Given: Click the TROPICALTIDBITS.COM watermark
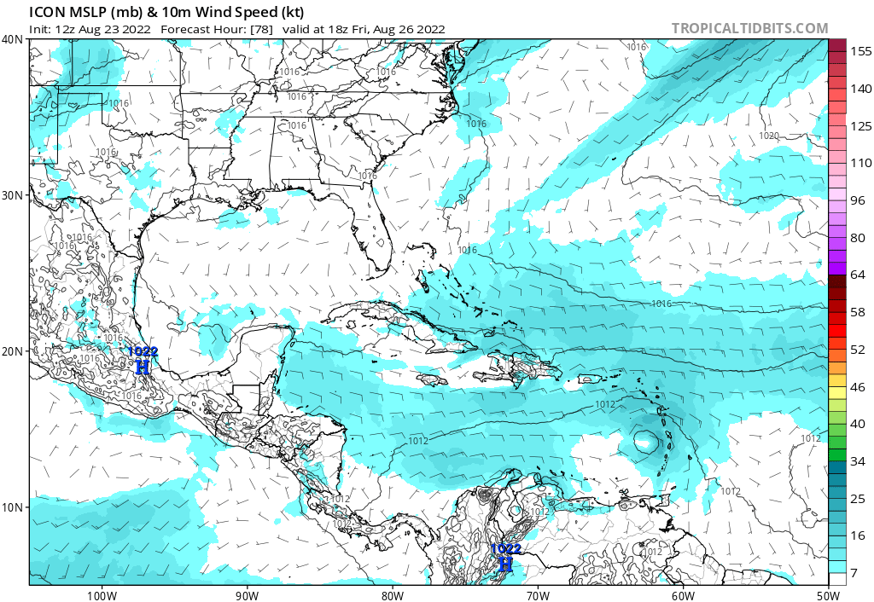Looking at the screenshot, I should [749, 28].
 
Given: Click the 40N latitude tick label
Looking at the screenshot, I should [12, 39].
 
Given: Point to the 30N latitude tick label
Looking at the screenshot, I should [12, 195].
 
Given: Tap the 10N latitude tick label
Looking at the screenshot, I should [12, 507].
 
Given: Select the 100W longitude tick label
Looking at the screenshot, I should [101, 594].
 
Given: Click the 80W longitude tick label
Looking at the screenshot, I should [392, 594].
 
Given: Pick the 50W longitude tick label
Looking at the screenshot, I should [827, 594].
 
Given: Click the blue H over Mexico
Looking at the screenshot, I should [143, 368].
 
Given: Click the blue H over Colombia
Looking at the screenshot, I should [505, 564].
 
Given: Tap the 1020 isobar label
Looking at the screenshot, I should [769, 136].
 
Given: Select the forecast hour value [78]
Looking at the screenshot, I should [259, 29].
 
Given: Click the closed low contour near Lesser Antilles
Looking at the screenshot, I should [646, 442].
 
